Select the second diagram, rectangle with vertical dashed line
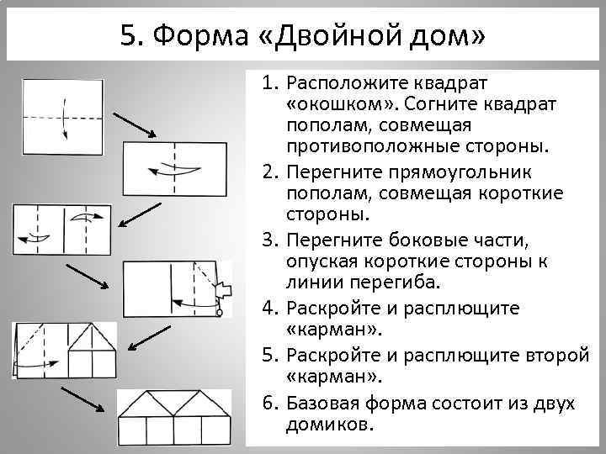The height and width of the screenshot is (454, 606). click(175, 168)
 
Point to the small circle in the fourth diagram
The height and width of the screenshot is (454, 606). click(220, 314)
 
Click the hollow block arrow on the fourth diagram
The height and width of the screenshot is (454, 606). click(223, 290)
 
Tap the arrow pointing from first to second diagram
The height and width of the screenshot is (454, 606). click(132, 123)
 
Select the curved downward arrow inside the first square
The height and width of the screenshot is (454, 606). click(63, 118)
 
